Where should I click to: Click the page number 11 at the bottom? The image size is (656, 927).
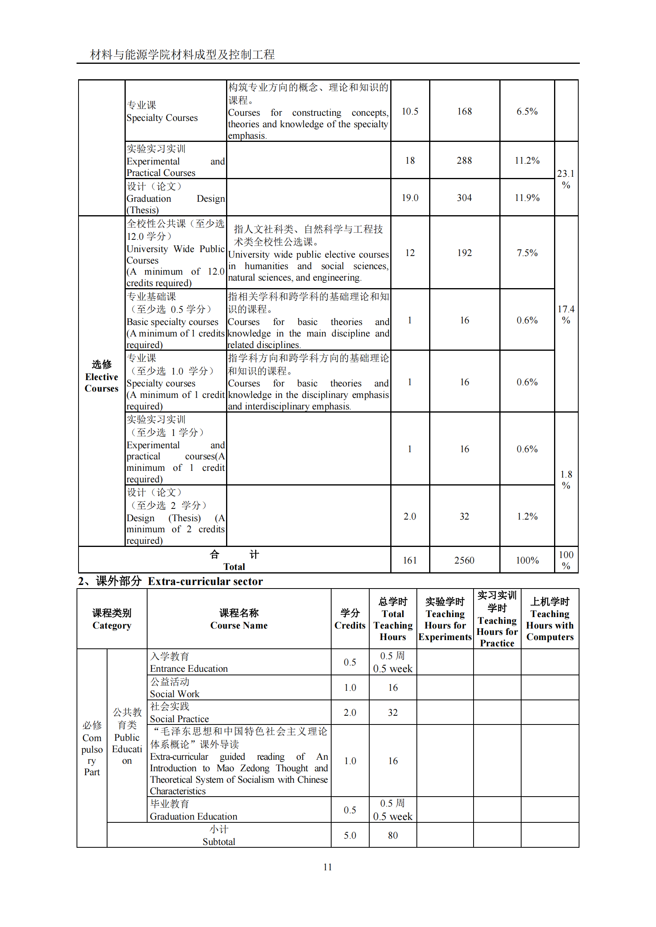pos(327,867)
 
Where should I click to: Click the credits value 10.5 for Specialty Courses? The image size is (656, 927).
pos(410,111)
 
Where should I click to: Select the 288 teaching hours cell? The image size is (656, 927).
pos(464,160)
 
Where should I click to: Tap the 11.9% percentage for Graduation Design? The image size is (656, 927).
pos(527,198)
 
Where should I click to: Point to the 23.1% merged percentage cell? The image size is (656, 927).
pos(566,179)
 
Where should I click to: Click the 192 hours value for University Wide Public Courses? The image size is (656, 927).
pos(464,253)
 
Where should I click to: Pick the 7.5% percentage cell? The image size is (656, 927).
pos(527,253)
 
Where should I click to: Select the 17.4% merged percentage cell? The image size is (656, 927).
pos(566,315)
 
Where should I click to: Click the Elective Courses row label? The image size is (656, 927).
pos(102,377)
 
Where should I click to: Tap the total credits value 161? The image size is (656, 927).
pos(410,560)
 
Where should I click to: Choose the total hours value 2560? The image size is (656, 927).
pos(464,560)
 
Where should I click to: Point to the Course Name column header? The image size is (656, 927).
pos(239,619)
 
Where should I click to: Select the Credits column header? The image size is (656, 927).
pos(350,619)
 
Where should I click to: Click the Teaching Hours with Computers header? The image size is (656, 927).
pos(549,619)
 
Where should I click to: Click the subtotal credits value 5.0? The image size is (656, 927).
pos(350,835)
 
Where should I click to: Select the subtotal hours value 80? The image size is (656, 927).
pos(393,835)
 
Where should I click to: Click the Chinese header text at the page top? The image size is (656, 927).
pos(182,55)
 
